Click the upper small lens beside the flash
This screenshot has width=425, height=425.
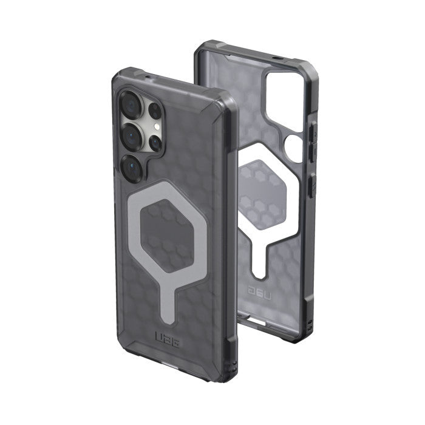155,110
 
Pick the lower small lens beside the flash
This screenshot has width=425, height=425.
155,143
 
